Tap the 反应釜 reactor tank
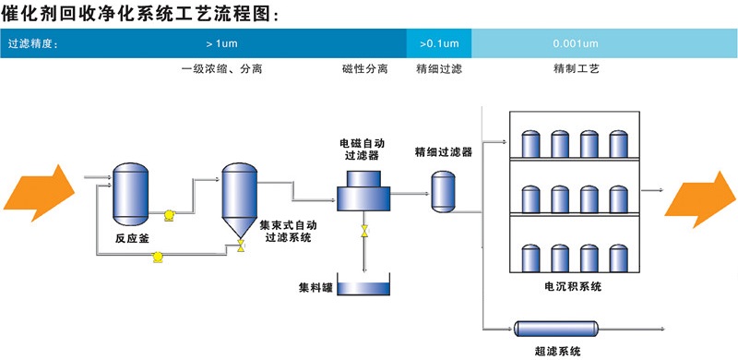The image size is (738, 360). pyautogui.click(x=130, y=194)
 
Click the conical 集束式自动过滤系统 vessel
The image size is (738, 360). pyautogui.click(x=241, y=198)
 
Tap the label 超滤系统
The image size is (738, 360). pyautogui.click(x=557, y=351)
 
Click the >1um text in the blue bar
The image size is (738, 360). pyautogui.click(x=221, y=43)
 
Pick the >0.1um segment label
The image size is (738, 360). pyautogui.click(x=439, y=43)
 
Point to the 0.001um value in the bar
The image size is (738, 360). pyautogui.click(x=577, y=43)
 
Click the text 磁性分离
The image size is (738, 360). pyautogui.click(x=364, y=67)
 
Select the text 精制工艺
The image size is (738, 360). pyautogui.click(x=577, y=67)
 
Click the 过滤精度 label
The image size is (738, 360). pyautogui.click(x=31, y=43)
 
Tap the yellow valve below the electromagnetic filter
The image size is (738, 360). pyautogui.click(x=363, y=229)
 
